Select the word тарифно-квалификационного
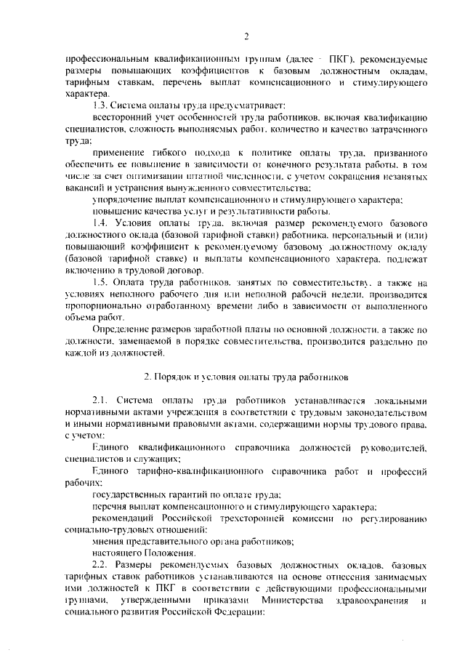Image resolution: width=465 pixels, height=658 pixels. [201, 472]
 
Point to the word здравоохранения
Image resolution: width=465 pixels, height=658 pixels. [370, 599]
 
